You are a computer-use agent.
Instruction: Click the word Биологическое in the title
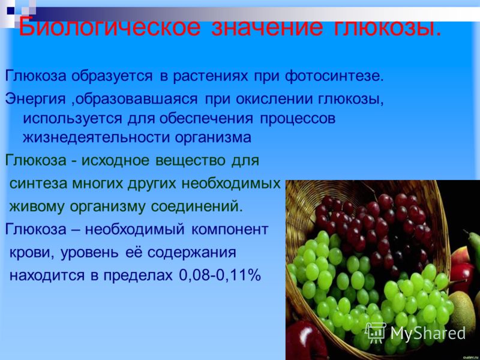pyautogui.click(x=110, y=28)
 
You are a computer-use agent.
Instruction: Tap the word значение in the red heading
pyautogui.click(x=267, y=28)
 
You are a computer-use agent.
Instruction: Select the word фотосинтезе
pyautogui.click(x=334, y=76)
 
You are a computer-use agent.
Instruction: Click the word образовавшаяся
pyautogui.click(x=136, y=99)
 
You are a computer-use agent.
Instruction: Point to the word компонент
pyautogui.click(x=230, y=229)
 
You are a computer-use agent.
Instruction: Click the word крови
pyautogui.click(x=32, y=253)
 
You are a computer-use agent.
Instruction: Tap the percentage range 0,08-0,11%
pyautogui.click(x=220, y=275)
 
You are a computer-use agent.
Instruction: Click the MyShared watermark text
pyautogui.click(x=428, y=334)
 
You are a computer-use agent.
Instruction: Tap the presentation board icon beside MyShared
pyautogui.click(x=376, y=333)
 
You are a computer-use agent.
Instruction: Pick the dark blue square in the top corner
pyautogui.click(x=11, y=11)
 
